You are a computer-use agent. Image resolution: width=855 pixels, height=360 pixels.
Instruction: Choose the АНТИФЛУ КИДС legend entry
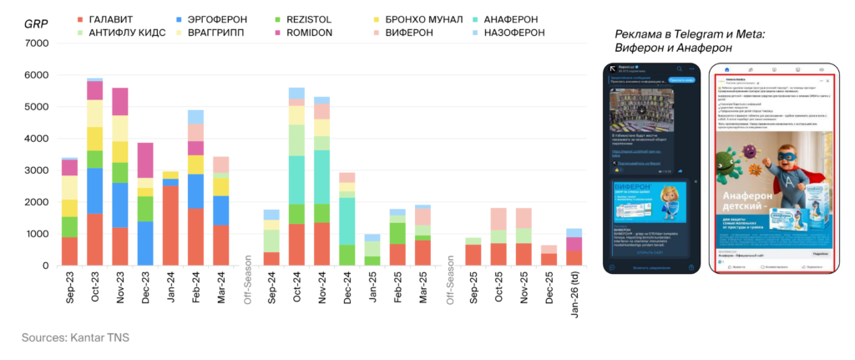123,33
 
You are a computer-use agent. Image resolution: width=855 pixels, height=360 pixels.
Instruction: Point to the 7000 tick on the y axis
35,43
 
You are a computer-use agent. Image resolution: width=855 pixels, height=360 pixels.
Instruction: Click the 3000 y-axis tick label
35,170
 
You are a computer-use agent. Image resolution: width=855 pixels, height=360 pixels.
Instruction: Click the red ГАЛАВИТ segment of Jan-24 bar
169,225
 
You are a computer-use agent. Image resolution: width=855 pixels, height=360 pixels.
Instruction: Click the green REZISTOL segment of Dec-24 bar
347,255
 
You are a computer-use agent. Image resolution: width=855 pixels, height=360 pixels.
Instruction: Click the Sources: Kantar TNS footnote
76,337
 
